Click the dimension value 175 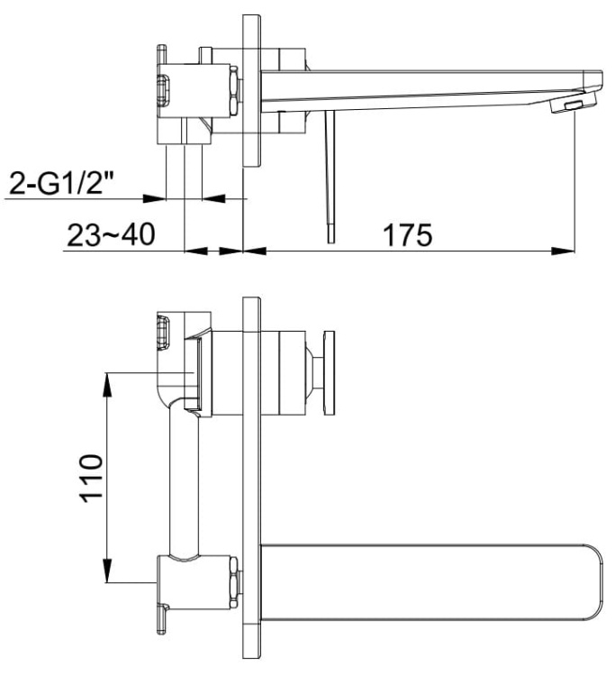tap(408, 235)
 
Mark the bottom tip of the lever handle tap(330, 236)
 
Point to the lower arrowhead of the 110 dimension tap(107, 573)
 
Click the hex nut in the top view tap(234, 91)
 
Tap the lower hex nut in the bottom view tap(234, 582)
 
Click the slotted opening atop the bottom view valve tap(165, 333)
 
